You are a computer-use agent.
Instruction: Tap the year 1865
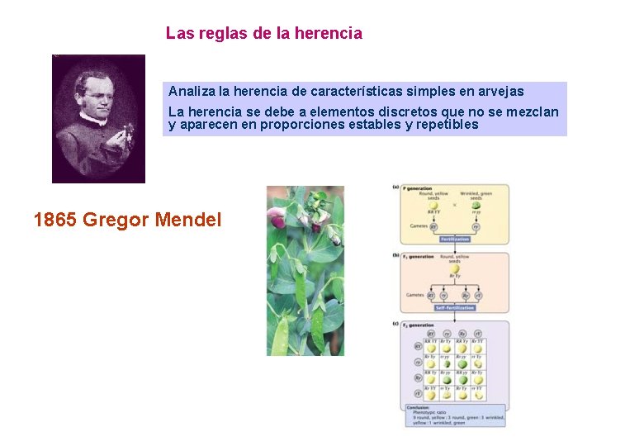(55, 221)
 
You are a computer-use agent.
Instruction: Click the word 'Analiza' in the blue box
(191, 91)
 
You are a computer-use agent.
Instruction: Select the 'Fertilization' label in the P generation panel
(454, 240)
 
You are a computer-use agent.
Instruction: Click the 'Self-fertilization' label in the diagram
(454, 307)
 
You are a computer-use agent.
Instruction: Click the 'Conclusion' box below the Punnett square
(456, 415)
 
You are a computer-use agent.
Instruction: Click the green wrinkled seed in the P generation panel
(476, 206)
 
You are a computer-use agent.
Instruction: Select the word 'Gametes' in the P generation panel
(416, 225)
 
